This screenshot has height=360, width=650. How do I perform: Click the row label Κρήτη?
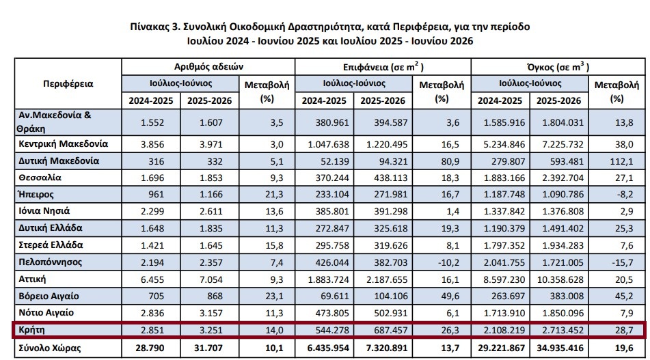(31, 330)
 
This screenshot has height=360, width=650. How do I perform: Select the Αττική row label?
(32, 279)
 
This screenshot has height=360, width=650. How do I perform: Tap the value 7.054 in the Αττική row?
(211, 279)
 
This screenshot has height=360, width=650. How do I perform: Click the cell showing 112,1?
(621, 161)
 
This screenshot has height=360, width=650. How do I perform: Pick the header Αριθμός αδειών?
(208, 67)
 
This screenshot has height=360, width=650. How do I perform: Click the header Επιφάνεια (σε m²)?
(383, 67)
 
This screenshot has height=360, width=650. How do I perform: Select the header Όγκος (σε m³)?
(558, 67)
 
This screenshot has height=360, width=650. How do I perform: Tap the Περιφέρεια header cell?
(68, 84)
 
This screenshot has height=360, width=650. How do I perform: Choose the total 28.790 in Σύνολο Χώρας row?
(150, 348)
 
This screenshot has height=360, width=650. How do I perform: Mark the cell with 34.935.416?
(560, 348)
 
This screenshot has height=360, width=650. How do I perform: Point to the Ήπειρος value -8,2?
(624, 195)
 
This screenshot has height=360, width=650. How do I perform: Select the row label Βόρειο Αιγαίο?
(49, 296)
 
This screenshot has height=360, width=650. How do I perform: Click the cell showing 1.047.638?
(328, 145)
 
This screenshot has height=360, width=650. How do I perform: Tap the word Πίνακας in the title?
(149, 27)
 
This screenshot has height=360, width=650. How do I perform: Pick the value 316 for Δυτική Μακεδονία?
(157, 162)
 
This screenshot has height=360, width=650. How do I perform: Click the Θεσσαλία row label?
(40, 178)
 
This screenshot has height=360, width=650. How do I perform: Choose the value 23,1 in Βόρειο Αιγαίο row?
(275, 296)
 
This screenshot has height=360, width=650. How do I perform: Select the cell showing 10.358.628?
(560, 279)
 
